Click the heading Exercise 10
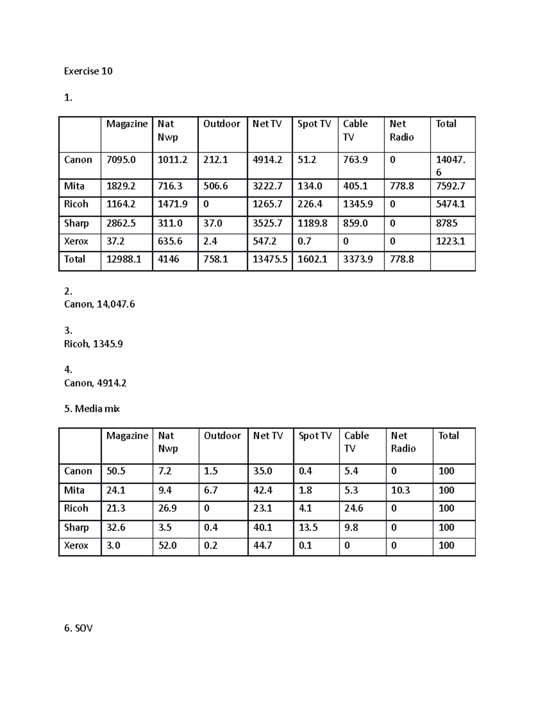point(88,71)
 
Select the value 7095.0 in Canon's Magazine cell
point(121,160)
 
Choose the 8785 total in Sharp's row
point(446,223)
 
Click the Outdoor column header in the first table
point(222,124)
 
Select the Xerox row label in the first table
point(76,241)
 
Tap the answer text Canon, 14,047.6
point(99,304)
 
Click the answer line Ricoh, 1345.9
point(94,344)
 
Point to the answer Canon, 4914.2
point(95,383)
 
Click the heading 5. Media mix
point(92,409)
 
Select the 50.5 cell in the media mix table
point(116,471)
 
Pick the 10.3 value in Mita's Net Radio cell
point(401,490)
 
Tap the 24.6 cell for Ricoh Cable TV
point(353,508)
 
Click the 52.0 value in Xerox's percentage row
point(167,545)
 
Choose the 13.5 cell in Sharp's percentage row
point(308,527)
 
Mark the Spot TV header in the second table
point(315,436)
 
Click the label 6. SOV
point(79,628)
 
